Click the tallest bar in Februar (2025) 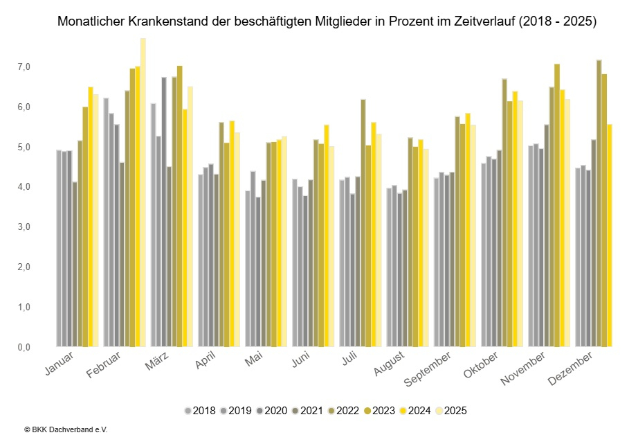(x=143, y=194)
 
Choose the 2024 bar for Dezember (x=609, y=236)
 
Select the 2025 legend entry (x=450, y=411)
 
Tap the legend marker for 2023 (x=370, y=411)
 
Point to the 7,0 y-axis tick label (x=25, y=67)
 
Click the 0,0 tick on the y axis (x=25, y=347)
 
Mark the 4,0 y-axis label (x=25, y=187)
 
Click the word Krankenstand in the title (x=163, y=22)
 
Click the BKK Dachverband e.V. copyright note (x=65, y=430)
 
